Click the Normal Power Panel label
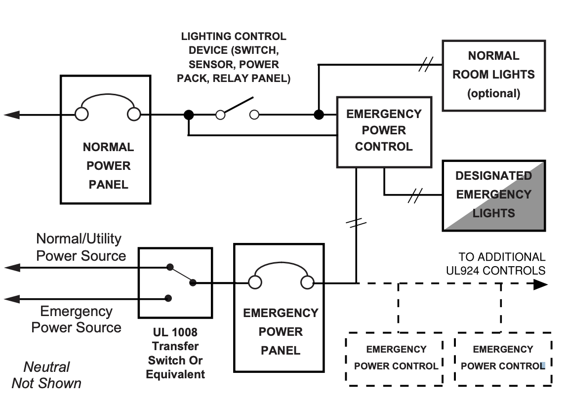(108, 165)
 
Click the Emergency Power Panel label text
(281, 331)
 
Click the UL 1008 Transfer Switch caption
(175, 353)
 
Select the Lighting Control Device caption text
(234, 57)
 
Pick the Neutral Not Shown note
(46, 375)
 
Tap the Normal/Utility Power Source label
(81, 247)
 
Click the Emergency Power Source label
(76, 319)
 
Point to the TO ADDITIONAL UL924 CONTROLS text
(495, 264)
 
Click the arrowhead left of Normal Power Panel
(11, 115)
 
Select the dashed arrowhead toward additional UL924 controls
(540, 284)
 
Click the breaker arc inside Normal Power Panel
(108, 94)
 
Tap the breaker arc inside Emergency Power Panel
(281, 263)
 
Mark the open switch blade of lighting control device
(237, 106)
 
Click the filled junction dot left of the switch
(189, 115)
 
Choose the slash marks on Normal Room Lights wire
(426, 64)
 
